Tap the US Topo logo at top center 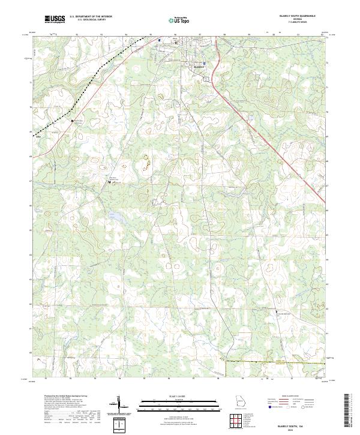tap(179, 20)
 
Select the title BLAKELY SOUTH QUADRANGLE tap(305, 16)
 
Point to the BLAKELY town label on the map tap(199, 67)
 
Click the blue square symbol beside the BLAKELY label tap(204, 62)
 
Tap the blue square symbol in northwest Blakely tap(160, 41)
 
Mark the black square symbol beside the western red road tap(73, 121)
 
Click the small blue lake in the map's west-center tap(113, 215)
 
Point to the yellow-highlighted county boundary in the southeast tap(276, 362)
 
